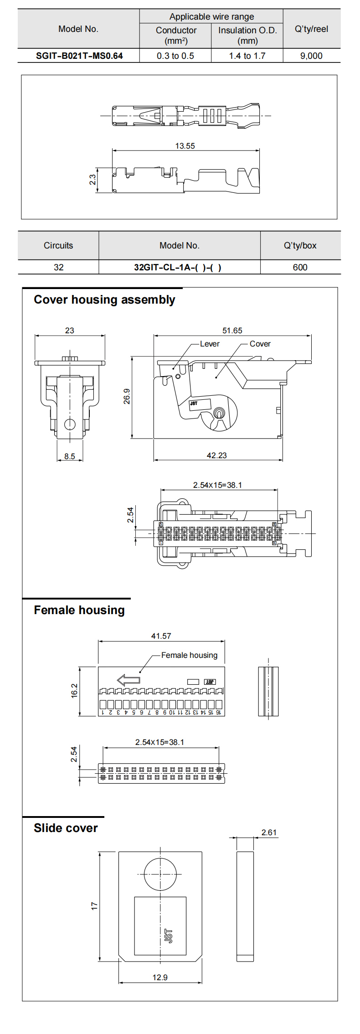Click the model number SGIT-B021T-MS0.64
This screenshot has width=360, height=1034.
[79, 56]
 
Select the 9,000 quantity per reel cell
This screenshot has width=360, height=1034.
[311, 56]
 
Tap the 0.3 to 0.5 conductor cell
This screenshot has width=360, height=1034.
[175, 56]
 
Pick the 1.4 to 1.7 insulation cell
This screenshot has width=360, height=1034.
[247, 56]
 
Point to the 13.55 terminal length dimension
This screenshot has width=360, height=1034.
[185, 146]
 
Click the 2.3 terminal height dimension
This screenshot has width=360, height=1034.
[93, 180]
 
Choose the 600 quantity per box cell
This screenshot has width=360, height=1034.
[300, 267]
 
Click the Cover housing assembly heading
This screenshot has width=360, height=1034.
[104, 300]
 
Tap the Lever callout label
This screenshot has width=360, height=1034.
[210, 344]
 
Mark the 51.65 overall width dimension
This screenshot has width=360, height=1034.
[232, 331]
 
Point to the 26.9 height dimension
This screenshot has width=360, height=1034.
[127, 397]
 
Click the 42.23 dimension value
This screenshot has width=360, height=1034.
[216, 455]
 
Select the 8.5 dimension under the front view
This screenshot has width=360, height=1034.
[70, 456]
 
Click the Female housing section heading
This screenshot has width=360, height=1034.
[79, 610]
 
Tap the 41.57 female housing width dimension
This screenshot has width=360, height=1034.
[161, 636]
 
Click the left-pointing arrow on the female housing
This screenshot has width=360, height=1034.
[129, 680]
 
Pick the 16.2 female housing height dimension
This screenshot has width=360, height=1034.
[75, 691]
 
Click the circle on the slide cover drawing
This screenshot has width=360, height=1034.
[160, 874]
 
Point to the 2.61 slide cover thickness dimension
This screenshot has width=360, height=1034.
[269, 832]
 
